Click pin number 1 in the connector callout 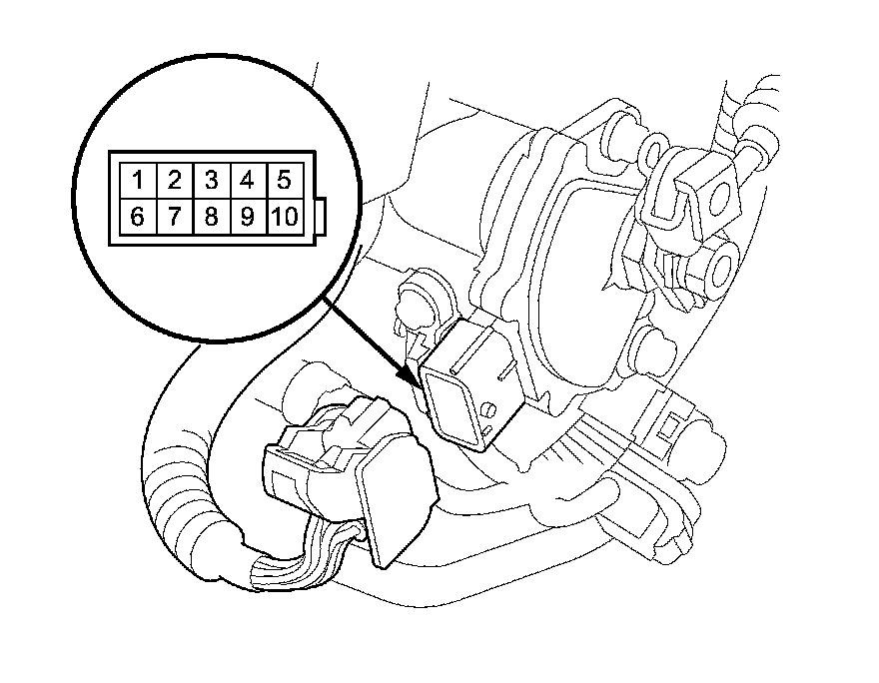click(137, 181)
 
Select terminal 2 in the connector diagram click(174, 181)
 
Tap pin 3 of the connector click(211, 181)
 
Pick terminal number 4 click(247, 181)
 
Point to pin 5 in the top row click(284, 181)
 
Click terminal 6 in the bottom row click(137, 217)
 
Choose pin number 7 click(174, 217)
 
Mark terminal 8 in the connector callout click(211, 217)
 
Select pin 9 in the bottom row click(247, 217)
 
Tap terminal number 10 click(284, 217)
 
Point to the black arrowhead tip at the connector click(419, 382)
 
